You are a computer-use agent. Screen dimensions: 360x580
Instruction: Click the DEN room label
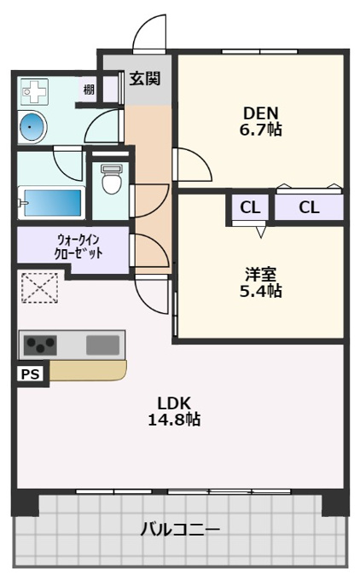click(x=260, y=113)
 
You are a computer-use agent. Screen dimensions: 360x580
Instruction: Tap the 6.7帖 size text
click(x=260, y=130)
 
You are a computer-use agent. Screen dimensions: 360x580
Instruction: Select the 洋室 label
click(x=260, y=275)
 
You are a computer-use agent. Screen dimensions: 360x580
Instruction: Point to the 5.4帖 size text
click(x=260, y=291)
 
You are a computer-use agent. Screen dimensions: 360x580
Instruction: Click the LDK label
click(x=174, y=403)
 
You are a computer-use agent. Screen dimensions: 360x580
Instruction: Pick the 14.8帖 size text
click(x=174, y=420)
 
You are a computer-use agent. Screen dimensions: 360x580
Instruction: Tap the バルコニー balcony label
click(x=180, y=530)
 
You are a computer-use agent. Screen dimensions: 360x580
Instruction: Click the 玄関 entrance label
click(x=145, y=78)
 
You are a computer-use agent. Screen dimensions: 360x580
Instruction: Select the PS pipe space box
click(x=31, y=374)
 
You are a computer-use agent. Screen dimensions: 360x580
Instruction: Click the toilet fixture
click(x=112, y=179)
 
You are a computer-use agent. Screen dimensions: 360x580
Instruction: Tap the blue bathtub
click(x=52, y=203)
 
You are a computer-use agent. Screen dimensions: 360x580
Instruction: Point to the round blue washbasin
click(x=32, y=126)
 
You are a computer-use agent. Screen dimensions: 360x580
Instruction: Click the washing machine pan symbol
click(x=34, y=91)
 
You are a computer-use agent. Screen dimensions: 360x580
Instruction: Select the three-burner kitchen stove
click(x=40, y=345)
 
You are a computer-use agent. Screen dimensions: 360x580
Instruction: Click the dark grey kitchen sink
click(x=103, y=345)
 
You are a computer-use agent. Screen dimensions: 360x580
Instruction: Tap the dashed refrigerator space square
click(x=39, y=287)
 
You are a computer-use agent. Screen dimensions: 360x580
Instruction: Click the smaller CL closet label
click(x=250, y=207)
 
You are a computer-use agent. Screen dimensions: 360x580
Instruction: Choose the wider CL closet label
click(x=309, y=207)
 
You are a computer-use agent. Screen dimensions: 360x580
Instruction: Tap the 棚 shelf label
click(x=89, y=90)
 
